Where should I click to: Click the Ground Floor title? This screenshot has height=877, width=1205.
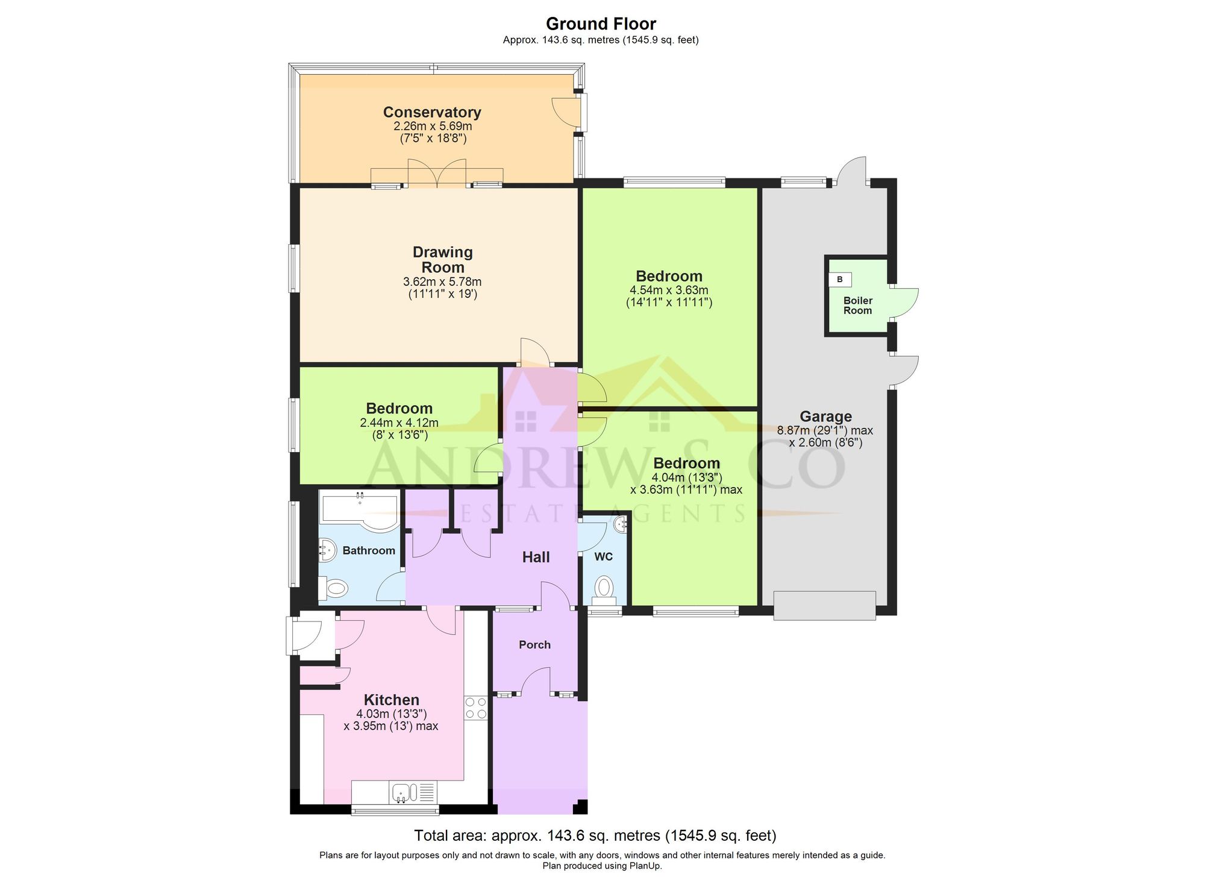click(x=601, y=24)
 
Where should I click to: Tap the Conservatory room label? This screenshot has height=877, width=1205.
click(x=432, y=112)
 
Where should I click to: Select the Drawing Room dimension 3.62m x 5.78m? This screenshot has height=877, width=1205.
click(x=442, y=281)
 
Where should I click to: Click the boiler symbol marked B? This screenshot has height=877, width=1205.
click(x=840, y=280)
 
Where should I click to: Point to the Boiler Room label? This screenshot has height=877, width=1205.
click(x=857, y=306)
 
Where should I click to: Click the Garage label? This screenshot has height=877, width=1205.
click(x=825, y=416)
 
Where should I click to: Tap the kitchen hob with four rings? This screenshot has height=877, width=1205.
click(x=475, y=708)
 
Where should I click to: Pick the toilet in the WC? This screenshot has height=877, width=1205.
click(x=604, y=588)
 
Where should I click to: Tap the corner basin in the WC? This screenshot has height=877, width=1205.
click(x=621, y=525)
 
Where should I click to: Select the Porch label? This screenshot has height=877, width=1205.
click(x=534, y=645)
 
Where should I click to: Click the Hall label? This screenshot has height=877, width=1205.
click(x=536, y=557)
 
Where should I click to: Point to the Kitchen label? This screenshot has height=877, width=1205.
click(x=391, y=700)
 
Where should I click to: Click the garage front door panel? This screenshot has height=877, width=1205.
click(x=824, y=605)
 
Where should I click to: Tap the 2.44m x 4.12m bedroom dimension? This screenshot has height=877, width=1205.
click(x=399, y=423)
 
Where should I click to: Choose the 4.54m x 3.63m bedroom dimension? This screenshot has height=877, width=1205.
click(x=669, y=291)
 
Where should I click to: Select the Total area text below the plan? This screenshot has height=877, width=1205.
click(x=595, y=835)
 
